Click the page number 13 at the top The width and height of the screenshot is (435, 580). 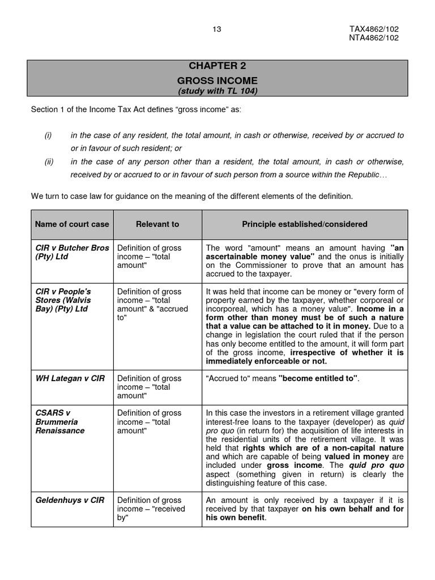216,29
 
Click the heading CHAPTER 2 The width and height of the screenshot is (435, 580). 218,66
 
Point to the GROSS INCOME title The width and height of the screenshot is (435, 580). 218,80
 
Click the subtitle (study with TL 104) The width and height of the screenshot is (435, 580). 218,91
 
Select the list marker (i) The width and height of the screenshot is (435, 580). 48,135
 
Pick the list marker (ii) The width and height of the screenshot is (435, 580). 49,161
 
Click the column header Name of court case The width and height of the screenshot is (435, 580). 72,224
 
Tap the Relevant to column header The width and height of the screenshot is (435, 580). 157,224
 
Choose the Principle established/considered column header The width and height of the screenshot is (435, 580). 305,224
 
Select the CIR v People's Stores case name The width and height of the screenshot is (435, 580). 63,300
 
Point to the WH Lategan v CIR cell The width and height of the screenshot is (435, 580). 70,378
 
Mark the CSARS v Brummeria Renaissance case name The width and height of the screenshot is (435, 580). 60,421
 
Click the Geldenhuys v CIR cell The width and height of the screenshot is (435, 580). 70,500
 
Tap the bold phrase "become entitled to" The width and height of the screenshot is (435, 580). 318,378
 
